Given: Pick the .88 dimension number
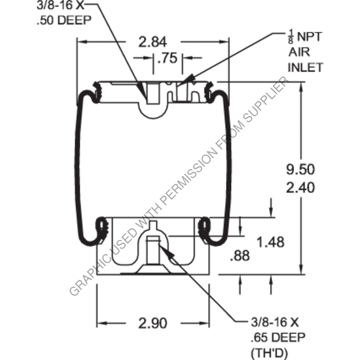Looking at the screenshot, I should tap(240, 256).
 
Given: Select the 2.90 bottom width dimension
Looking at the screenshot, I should tap(152, 323).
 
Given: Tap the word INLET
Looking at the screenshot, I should tap(305, 67).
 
